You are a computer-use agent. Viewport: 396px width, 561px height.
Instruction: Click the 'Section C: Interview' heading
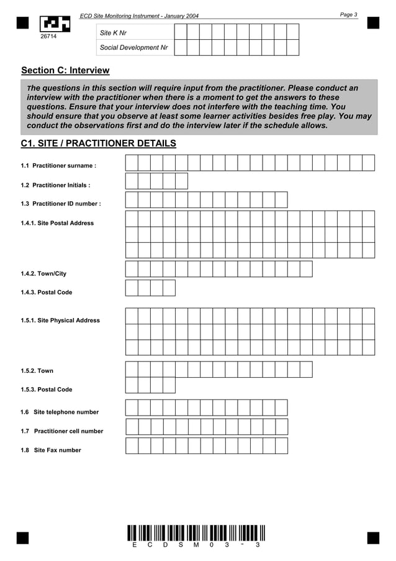click(65, 71)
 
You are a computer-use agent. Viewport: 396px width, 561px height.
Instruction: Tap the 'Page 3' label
click(349, 14)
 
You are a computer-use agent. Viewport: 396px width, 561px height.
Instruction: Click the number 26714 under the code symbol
click(48, 37)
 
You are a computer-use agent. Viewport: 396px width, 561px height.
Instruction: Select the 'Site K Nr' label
click(114, 32)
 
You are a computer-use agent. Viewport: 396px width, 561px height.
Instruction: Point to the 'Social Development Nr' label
click(133, 47)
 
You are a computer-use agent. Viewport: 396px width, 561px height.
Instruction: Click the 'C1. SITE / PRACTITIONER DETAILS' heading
click(98, 144)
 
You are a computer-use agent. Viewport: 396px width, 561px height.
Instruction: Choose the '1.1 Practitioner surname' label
click(58, 166)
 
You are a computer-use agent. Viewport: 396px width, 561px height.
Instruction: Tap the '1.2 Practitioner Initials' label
click(55, 185)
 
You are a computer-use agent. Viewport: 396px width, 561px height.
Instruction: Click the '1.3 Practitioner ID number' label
click(60, 204)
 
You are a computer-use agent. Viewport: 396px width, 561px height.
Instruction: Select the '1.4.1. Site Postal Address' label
click(57, 223)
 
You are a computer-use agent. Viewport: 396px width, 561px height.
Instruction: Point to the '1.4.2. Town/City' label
click(43, 273)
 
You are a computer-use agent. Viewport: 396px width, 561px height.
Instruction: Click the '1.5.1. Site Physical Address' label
click(60, 321)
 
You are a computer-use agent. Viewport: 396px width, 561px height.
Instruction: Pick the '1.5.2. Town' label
click(37, 371)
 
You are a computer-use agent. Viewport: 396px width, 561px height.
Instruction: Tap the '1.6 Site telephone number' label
click(60, 412)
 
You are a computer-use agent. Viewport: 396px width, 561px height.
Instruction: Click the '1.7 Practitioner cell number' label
click(62, 431)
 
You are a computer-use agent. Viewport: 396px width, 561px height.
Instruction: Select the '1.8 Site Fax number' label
click(51, 450)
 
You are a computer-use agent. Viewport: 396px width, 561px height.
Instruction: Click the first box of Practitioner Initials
click(132, 181)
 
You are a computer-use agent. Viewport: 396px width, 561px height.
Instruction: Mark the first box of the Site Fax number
click(132, 445)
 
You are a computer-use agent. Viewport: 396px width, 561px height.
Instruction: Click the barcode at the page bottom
click(196, 533)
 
